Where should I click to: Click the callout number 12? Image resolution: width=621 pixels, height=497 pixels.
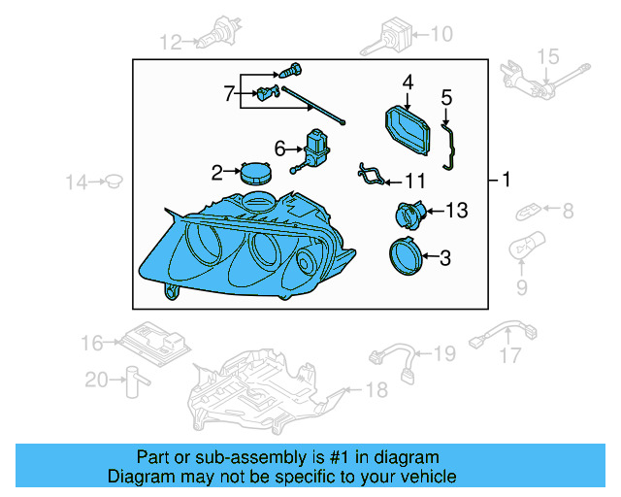coord(171,42)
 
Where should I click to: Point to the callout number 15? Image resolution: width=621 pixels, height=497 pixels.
coord(548,56)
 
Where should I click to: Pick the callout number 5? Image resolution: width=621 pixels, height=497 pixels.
coord(446,97)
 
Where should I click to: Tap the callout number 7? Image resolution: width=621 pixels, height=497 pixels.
coord(230,94)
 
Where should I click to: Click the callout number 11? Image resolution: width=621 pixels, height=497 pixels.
coord(415,181)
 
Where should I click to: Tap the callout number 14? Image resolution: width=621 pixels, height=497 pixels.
coord(77,181)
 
